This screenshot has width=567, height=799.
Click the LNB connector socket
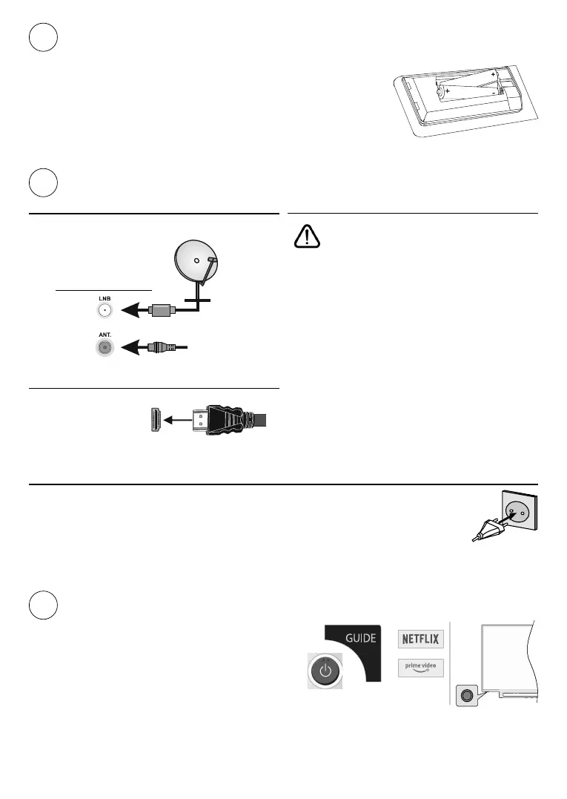(x=105, y=312)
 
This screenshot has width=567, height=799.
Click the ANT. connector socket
(x=105, y=346)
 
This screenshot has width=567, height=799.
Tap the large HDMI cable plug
(x=222, y=421)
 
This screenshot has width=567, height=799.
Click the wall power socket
(x=519, y=516)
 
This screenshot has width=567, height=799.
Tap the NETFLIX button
(x=421, y=639)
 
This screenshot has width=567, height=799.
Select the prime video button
(x=421, y=668)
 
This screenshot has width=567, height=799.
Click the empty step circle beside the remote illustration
(x=44, y=37)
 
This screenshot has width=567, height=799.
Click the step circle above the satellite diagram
(x=44, y=183)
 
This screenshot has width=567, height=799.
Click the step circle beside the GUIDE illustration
(x=44, y=605)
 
